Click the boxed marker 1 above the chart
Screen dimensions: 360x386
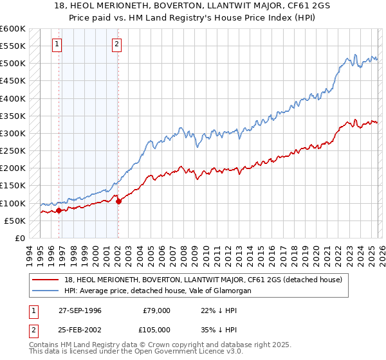tap(58, 44)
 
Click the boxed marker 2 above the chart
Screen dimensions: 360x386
tap(117, 44)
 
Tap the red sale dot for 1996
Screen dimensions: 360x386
tap(59, 210)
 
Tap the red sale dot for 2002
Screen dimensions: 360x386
tap(118, 201)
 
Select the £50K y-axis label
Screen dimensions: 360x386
tap(13, 221)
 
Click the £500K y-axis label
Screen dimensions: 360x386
tap(13, 64)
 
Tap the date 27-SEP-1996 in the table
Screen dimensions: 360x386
tap(80, 310)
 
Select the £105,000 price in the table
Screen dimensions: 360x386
tap(156, 330)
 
